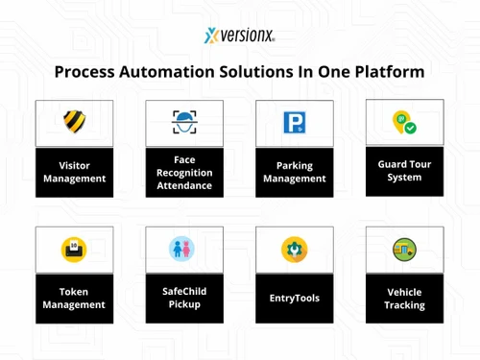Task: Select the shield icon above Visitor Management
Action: tap(74, 122)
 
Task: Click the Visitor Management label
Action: tap(74, 171)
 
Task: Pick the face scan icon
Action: tap(184, 122)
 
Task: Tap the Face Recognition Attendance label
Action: tap(184, 172)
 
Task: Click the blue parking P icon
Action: tap(294, 123)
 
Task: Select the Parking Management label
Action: tap(294, 171)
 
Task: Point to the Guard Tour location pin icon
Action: tap(404, 122)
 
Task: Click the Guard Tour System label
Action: tap(404, 171)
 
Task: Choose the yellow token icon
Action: tap(74, 250)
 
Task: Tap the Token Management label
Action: tap(74, 299)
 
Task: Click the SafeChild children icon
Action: tap(184, 250)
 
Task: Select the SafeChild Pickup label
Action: tap(184, 299)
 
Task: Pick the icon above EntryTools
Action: tap(294, 250)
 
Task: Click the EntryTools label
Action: tap(294, 299)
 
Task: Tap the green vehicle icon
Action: tap(404, 250)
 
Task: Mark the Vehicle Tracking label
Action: tap(404, 299)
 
